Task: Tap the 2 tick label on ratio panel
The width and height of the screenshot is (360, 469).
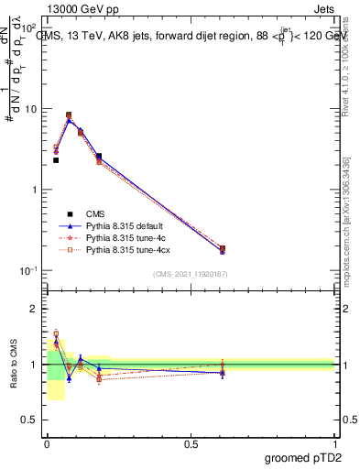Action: click(x=35, y=309)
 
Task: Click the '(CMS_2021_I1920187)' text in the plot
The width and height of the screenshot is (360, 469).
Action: click(x=191, y=275)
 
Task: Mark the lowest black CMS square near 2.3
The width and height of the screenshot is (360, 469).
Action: click(x=56, y=160)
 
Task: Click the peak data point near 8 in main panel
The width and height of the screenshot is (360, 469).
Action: click(x=69, y=115)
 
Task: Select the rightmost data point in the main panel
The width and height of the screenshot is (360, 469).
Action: click(x=222, y=249)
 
